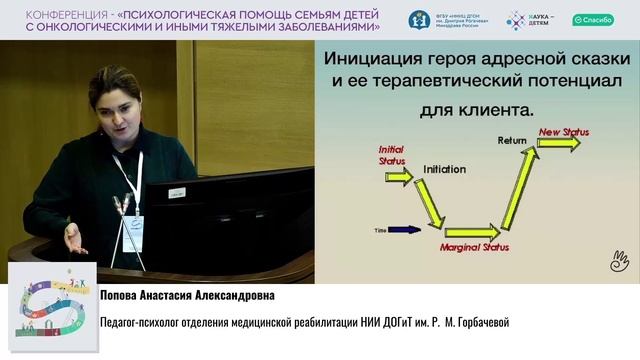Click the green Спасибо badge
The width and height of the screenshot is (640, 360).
[593, 20]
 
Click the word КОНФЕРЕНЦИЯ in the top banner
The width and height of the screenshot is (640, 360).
[62, 13]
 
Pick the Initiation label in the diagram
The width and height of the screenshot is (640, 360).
[444, 170]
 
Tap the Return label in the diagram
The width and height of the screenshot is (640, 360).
[512, 141]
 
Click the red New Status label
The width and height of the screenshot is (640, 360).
[562, 131]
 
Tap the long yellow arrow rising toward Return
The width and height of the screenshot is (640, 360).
[520, 190]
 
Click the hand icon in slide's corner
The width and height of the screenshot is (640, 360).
[619, 263]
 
